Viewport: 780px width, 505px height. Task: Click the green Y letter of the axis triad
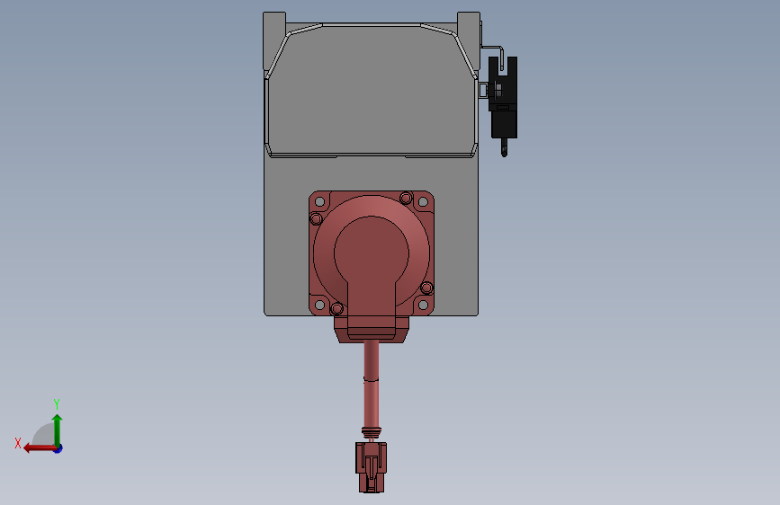click(57, 403)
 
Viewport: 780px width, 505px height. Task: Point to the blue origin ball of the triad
click(58, 447)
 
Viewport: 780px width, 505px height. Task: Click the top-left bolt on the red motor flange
click(316, 219)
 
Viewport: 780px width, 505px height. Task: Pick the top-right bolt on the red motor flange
click(406, 198)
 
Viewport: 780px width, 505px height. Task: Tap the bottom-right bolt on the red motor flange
click(427, 288)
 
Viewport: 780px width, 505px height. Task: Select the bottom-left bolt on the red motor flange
click(337, 309)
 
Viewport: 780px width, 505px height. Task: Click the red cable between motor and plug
click(371, 377)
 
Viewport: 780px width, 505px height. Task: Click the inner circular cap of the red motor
click(371, 252)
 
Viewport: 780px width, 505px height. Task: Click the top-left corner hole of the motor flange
click(317, 199)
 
